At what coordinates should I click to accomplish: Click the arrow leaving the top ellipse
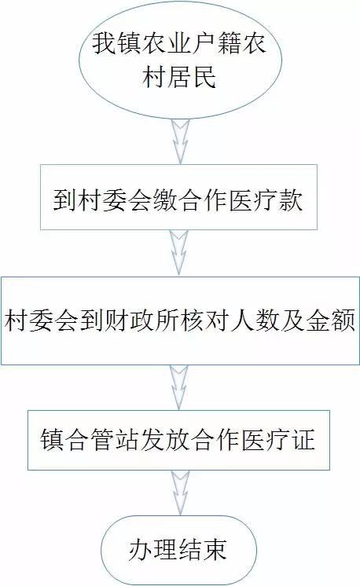pos(180,141)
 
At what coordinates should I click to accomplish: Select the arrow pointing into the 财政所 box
pos(179,252)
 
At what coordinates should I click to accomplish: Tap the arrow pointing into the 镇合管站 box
pos(179,387)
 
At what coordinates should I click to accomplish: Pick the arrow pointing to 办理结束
pos(180,493)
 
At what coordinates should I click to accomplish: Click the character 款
pos(291,200)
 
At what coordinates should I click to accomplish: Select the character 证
pos(303,440)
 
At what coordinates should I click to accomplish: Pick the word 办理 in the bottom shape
pos(152,549)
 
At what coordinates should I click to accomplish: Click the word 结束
pos(203,549)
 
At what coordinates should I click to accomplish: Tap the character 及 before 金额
pos(292,320)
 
